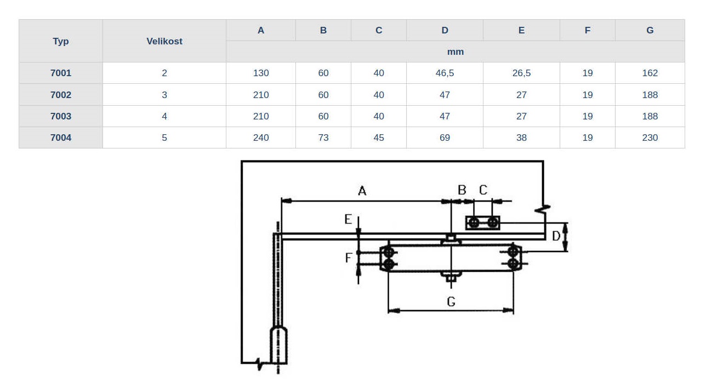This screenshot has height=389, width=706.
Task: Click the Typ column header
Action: pos(61,41)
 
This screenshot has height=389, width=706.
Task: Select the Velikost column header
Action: pos(164,41)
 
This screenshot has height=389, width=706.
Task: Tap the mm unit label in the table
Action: pos(456,52)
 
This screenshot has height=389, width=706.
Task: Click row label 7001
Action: pos(61,73)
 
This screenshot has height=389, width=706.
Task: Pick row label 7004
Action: pos(61,138)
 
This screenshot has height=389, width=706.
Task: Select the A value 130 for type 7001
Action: pos(261,73)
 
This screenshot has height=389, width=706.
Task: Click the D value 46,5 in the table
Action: pos(445,73)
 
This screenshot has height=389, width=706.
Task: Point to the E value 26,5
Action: pos(521,73)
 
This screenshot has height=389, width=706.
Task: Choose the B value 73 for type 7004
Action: pos(323,138)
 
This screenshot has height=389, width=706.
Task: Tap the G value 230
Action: pos(650,138)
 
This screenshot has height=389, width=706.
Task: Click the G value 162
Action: pos(650,73)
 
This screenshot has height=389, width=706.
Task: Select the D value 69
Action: pos(445,138)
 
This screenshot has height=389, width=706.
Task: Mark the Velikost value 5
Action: pos(164,138)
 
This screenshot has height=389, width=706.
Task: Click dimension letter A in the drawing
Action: pos(362,191)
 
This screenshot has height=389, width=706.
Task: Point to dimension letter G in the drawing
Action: pos(451,302)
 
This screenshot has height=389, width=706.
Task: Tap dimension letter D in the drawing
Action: pos(556,236)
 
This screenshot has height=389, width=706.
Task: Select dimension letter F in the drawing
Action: pos(348,258)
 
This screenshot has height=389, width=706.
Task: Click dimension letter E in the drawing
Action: pos(348,219)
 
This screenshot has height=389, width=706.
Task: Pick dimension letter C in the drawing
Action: pos(483,190)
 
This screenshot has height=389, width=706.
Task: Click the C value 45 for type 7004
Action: pos(379,138)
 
